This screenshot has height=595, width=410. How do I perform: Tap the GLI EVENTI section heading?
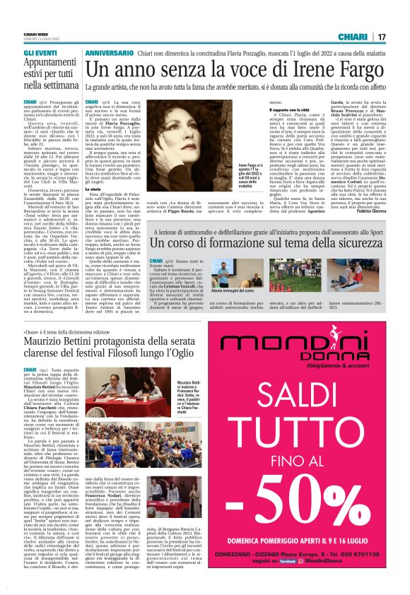point(42,54)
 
